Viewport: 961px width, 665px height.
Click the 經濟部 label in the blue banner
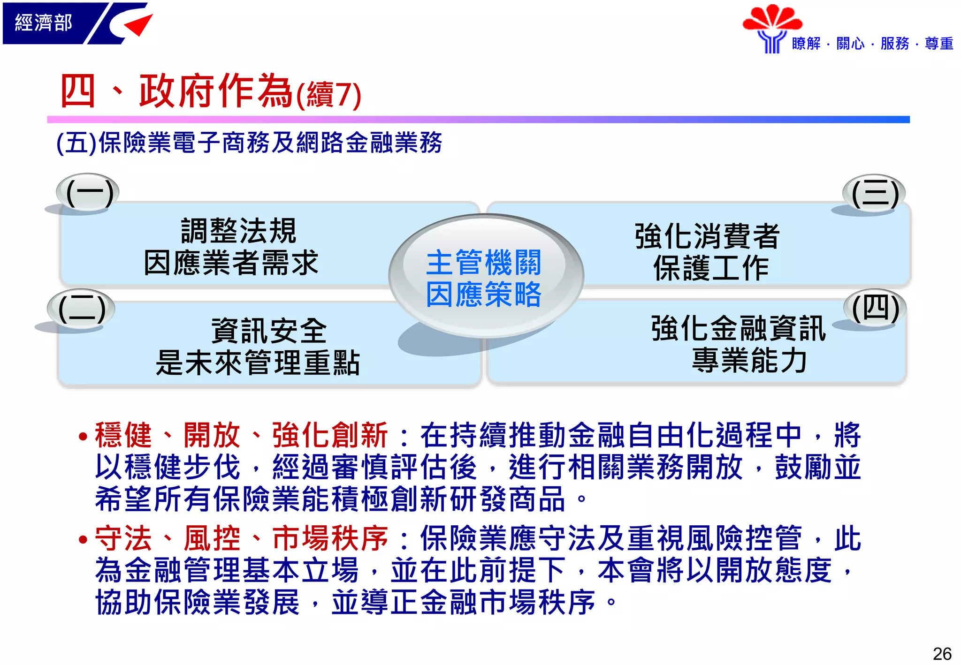43,23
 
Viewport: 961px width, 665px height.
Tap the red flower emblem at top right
772,19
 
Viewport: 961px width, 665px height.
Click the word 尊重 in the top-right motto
939,44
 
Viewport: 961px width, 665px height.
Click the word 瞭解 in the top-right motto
806,44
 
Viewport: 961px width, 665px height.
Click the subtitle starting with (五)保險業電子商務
249,143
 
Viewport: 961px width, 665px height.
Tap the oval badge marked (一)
88,192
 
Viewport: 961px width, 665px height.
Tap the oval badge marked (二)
81,309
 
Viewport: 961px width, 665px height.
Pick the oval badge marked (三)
874,193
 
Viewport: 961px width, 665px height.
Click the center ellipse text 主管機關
484,263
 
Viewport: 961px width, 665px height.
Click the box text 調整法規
238,231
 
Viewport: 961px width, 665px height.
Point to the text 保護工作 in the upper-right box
711,268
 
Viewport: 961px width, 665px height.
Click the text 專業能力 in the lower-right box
749,360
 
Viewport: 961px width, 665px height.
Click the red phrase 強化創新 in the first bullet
330,435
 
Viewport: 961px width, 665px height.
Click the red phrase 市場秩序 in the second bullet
330,538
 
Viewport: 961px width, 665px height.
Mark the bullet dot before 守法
84,539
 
